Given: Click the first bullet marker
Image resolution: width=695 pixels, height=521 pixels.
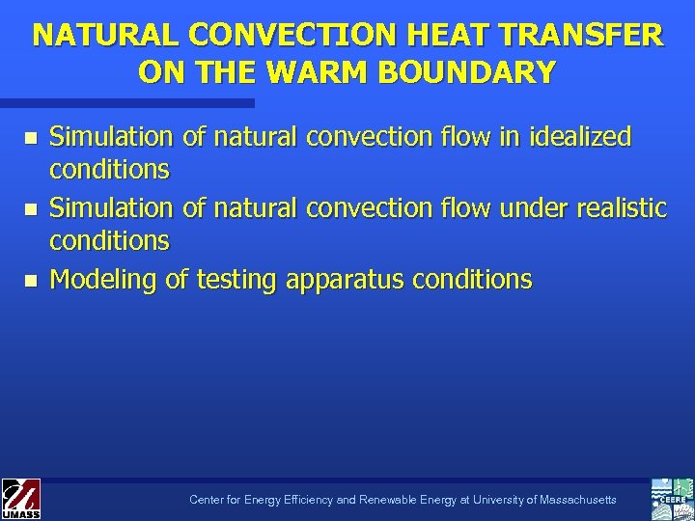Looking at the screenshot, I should point(32,138).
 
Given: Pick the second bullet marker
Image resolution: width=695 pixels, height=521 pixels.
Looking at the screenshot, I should point(32,208).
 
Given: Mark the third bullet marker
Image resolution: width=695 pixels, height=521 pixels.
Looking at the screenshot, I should point(32,280).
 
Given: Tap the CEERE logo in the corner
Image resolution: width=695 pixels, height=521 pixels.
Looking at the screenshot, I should point(672,498).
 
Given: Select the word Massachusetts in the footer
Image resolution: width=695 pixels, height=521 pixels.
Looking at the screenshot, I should point(572,500).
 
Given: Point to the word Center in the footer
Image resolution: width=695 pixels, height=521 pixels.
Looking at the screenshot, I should point(206,500).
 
